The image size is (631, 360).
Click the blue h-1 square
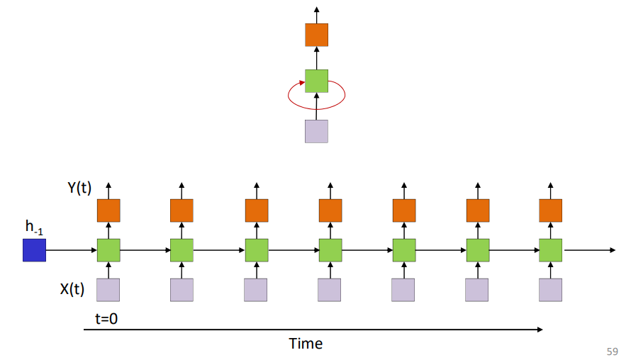point(34,250)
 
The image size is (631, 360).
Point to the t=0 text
point(106,318)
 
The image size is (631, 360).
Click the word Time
point(306,344)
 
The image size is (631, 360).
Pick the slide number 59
point(613,351)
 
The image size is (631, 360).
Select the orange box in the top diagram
point(316,35)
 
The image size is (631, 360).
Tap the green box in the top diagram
point(316,80)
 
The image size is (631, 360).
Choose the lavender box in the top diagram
point(316,131)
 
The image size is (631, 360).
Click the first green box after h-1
point(108,250)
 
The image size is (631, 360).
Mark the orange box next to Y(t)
point(108,210)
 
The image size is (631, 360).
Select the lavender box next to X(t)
point(108,290)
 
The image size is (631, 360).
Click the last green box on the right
point(551,250)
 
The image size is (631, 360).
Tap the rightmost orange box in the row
point(551,210)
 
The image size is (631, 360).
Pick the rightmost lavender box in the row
point(551,290)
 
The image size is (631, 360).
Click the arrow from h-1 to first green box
point(71,250)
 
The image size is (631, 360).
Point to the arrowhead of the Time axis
point(540,330)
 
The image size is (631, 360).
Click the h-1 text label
point(33,227)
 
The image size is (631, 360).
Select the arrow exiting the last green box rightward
point(588,250)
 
